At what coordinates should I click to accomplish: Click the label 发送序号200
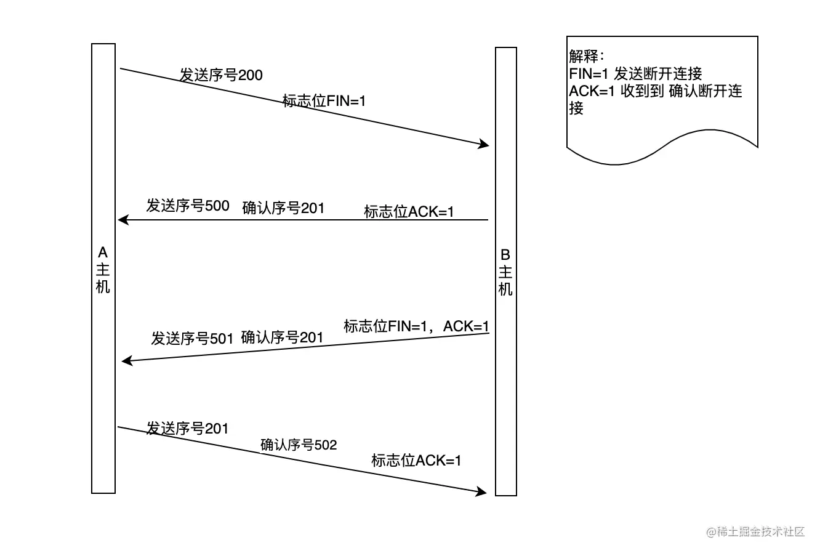click(221, 75)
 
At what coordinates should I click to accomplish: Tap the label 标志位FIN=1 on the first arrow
click(324, 101)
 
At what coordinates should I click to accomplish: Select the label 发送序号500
click(187, 206)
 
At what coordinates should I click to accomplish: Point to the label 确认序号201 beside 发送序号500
click(283, 208)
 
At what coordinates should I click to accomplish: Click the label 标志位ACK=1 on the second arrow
click(409, 212)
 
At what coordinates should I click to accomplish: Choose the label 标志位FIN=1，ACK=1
click(416, 326)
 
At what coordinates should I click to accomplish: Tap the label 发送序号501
click(192, 339)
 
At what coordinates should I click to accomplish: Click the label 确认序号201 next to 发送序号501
click(282, 337)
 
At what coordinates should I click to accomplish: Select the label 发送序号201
click(187, 429)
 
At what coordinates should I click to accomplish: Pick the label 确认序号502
click(299, 445)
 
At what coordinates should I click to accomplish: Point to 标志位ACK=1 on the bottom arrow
click(416, 461)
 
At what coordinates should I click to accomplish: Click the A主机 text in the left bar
click(103, 270)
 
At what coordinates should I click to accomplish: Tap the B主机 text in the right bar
click(505, 272)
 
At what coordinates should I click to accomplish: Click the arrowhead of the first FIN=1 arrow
click(484, 145)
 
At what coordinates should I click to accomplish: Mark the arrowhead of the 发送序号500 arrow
click(122, 220)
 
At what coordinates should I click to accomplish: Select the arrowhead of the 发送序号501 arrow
click(126, 361)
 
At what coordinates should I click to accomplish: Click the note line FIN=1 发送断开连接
click(635, 74)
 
